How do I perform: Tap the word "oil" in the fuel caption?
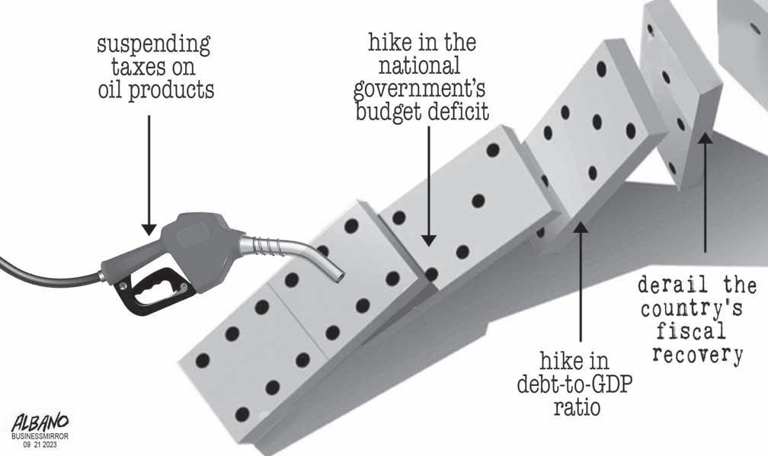tap(115, 91)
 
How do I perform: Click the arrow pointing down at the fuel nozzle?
tap(149, 175)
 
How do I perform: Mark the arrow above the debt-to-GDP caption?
tap(581, 282)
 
